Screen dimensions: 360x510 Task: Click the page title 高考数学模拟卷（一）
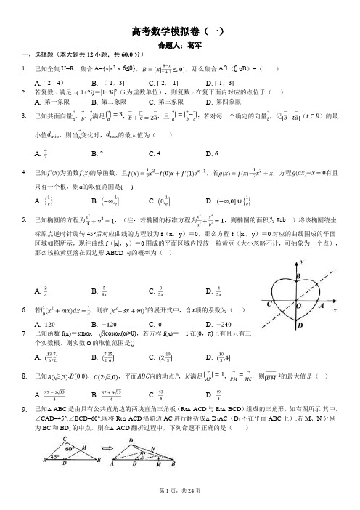click(x=179, y=31)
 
